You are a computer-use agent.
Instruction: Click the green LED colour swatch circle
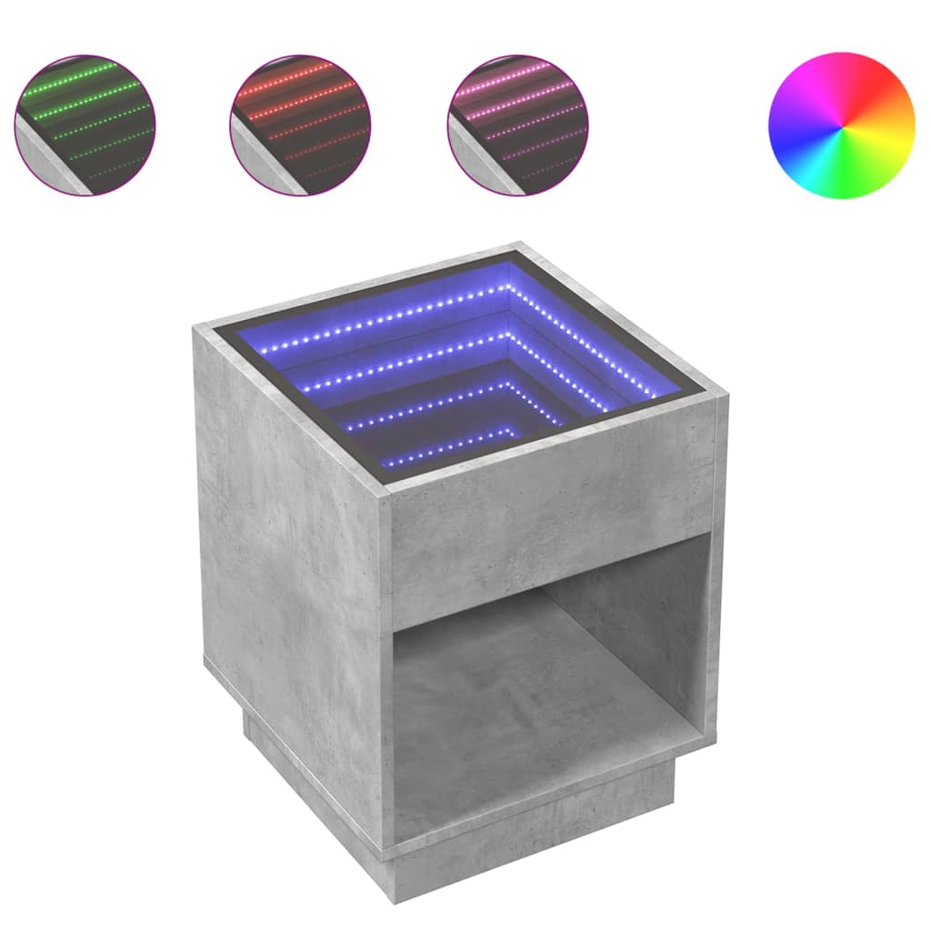coord(85,125)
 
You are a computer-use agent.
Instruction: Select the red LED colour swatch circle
coord(301,125)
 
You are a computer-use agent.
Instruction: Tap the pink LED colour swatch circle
coord(518,125)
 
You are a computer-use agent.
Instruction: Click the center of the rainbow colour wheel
coord(841,125)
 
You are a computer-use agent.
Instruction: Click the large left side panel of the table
coord(291,546)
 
